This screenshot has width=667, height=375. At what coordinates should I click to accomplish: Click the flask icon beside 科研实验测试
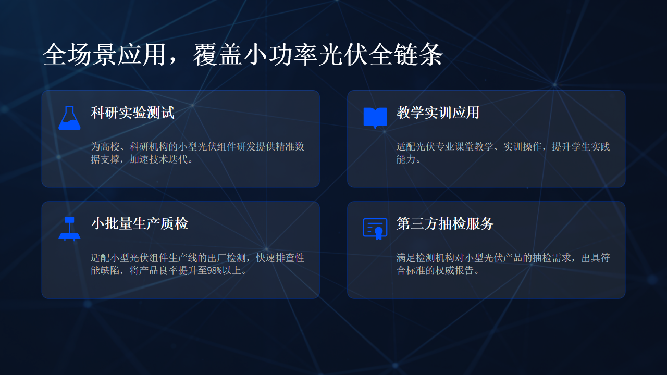(x=69, y=118)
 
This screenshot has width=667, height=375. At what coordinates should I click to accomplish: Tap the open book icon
(x=375, y=118)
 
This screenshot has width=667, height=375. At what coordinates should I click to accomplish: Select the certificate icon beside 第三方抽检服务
(x=375, y=229)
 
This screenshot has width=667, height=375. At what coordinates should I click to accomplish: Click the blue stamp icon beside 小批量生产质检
(x=69, y=229)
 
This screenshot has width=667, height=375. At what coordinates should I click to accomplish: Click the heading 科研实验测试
(x=132, y=113)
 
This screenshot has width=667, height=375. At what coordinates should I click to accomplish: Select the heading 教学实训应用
(x=438, y=113)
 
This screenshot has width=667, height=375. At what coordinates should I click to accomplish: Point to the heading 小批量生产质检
(x=140, y=224)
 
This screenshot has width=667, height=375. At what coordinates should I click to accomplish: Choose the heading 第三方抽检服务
(x=445, y=224)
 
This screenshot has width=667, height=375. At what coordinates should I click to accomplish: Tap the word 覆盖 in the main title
(x=217, y=55)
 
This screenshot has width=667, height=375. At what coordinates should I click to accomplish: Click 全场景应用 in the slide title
(x=105, y=55)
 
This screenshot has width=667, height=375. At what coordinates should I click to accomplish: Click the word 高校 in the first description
(x=110, y=147)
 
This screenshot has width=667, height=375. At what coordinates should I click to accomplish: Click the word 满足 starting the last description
(x=406, y=258)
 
